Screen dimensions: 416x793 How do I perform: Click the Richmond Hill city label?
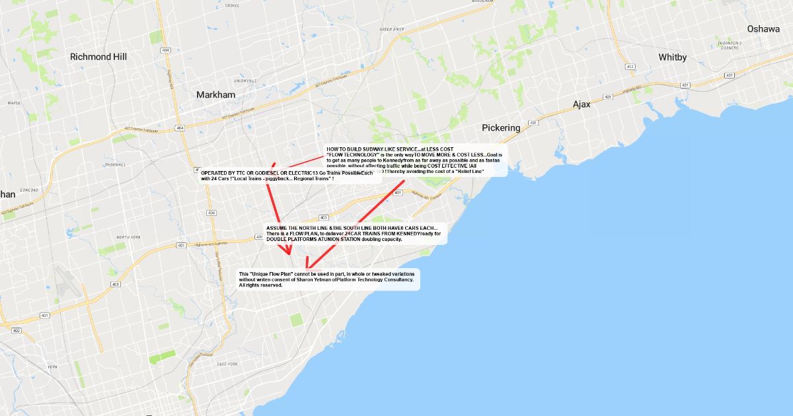(x=98, y=57)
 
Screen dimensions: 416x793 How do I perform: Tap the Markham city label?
(x=215, y=95)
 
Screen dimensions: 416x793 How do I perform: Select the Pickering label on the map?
(x=501, y=127)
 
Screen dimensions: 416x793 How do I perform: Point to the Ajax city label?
(x=582, y=104)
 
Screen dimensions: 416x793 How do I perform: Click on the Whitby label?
(x=673, y=57)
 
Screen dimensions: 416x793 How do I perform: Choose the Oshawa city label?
(x=763, y=29)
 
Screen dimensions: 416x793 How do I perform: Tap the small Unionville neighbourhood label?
(x=245, y=81)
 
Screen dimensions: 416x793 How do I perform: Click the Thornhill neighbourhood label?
(x=114, y=164)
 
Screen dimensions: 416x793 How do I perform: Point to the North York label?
(x=129, y=237)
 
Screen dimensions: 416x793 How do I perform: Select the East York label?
(x=227, y=364)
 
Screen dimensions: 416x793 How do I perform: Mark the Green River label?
(x=391, y=30)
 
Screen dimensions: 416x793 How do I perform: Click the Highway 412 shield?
(x=630, y=67)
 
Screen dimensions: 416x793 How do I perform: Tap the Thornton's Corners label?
(x=729, y=46)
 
